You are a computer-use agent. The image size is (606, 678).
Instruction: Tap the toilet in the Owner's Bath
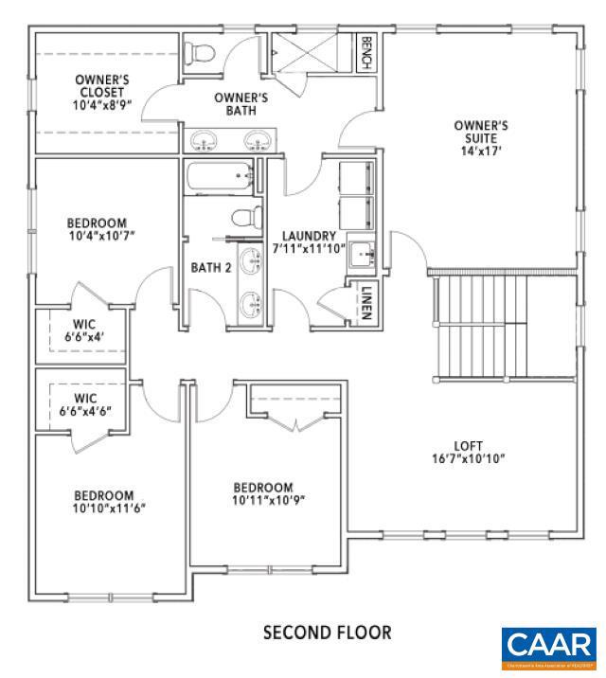click(201, 53)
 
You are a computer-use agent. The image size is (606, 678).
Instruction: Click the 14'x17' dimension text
click(482, 150)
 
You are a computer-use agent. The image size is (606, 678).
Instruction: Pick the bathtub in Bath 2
click(219, 177)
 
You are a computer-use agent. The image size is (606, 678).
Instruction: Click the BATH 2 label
click(211, 268)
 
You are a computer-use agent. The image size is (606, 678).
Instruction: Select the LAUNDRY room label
click(302, 236)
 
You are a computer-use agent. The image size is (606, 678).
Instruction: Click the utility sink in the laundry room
click(365, 254)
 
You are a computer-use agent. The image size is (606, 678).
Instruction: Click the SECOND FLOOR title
click(327, 632)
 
